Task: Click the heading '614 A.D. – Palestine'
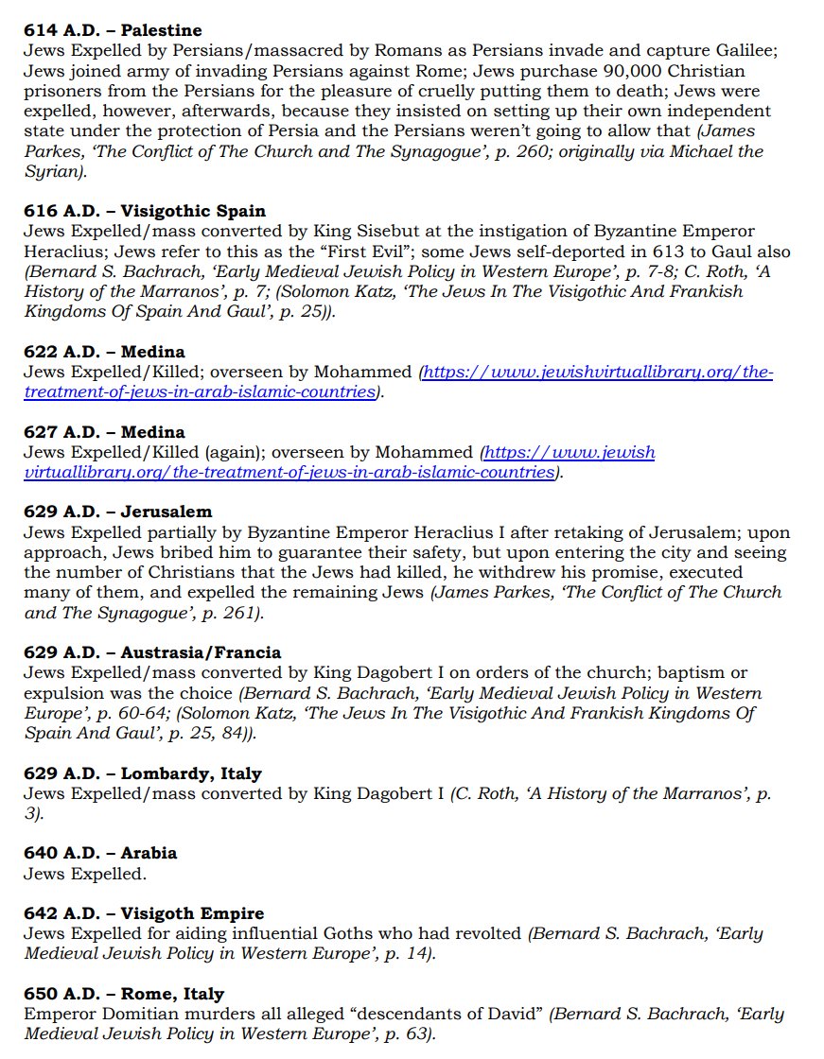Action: [113, 30]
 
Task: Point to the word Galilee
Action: [742, 51]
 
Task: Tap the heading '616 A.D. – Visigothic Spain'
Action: [145, 211]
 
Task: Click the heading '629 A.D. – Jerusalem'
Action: [117, 512]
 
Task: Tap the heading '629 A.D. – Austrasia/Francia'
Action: [152, 653]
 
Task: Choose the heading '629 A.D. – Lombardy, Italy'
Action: [143, 773]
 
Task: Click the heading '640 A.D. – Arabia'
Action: [100, 853]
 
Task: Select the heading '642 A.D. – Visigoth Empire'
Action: [144, 913]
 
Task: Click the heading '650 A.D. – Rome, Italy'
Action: [124, 994]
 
